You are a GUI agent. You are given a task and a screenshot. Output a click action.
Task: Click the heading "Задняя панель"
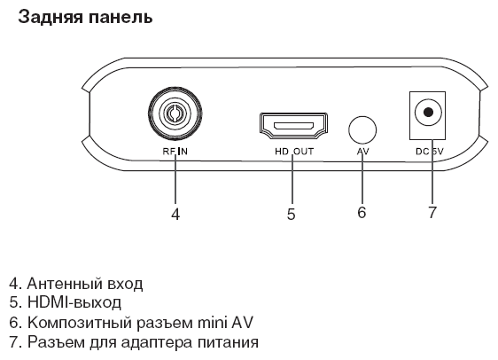[x=85, y=18]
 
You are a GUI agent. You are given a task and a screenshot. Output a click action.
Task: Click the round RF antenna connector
[x=175, y=113]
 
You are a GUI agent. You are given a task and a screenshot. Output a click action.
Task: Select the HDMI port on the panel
[x=294, y=126]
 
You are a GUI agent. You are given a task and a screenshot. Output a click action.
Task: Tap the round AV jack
[x=362, y=130]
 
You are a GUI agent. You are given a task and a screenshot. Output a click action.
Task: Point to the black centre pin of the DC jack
[x=429, y=112]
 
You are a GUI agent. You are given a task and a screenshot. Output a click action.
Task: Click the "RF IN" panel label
[x=175, y=152]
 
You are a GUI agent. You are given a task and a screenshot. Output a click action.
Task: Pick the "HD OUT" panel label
[x=294, y=152]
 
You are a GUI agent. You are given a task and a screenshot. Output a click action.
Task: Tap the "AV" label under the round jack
[x=363, y=152]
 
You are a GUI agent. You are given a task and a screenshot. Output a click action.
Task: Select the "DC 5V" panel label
[x=430, y=152]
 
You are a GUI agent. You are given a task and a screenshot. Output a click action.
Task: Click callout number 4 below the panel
[x=175, y=214]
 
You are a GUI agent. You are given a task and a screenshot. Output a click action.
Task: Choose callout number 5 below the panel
[x=291, y=214]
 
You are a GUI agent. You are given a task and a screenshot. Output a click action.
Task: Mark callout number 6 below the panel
[x=362, y=212]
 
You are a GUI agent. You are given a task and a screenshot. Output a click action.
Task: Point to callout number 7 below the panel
[x=432, y=212]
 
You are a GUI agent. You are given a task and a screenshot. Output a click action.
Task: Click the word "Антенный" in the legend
[x=64, y=284]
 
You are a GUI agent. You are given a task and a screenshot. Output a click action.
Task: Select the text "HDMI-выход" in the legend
[x=74, y=302]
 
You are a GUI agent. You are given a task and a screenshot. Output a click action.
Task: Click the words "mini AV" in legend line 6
[x=225, y=322]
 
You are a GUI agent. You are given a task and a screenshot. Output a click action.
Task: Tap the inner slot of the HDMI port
[x=294, y=126]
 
